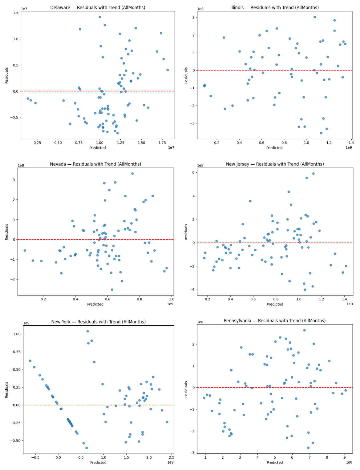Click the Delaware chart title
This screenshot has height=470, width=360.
click(98, 8)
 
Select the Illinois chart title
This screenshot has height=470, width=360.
click(274, 8)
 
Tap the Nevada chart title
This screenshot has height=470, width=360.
click(95, 164)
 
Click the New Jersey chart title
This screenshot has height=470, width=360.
click(275, 164)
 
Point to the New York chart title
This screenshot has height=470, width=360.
click(98, 322)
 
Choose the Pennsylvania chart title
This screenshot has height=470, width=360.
click(274, 321)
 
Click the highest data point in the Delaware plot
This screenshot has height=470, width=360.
click(99, 17)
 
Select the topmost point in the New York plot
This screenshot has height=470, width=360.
click(87, 331)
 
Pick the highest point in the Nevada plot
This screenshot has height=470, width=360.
click(132, 174)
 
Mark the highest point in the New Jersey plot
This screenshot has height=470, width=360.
click(313, 174)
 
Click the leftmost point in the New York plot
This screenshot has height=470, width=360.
click(30, 361)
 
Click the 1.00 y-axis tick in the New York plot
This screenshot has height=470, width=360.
click(16, 334)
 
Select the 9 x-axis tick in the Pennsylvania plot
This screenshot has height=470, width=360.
click(344, 457)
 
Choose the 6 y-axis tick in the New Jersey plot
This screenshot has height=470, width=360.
click(193, 173)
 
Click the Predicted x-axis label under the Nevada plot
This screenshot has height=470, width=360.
click(95, 304)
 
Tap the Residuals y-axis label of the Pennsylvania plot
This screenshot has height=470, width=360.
click(186, 389)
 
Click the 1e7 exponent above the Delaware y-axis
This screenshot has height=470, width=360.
click(24, 9)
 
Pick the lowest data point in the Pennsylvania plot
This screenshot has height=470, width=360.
click(308, 448)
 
